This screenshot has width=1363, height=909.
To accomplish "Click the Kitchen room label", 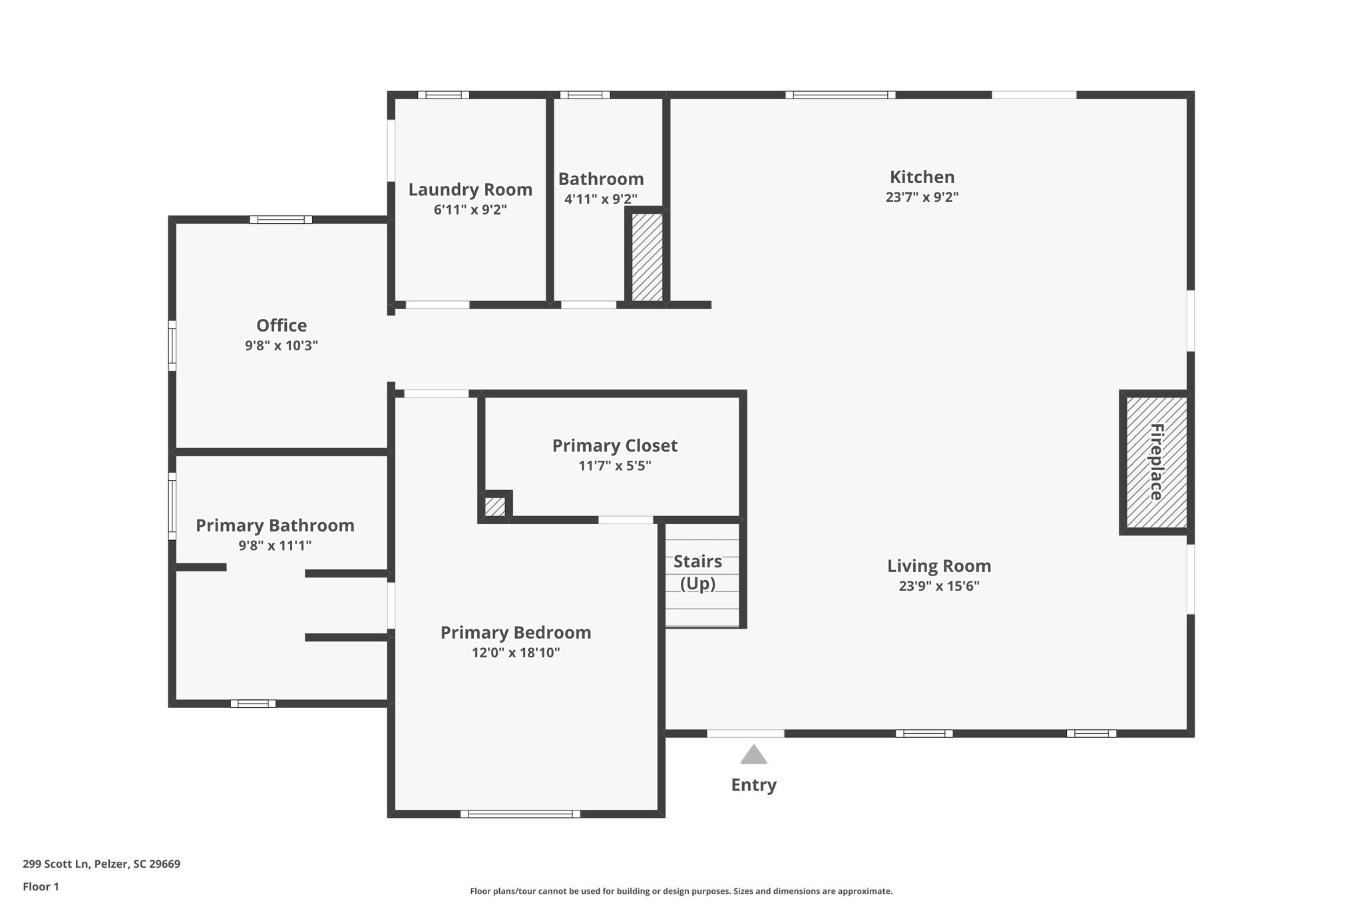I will click(922, 177).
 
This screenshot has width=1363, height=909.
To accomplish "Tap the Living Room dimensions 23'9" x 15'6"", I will click(939, 586).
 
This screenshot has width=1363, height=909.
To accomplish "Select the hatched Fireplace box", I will click(1156, 461).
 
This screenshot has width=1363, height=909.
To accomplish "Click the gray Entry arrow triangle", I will click(753, 755).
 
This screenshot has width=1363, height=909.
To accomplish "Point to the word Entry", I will click(753, 784).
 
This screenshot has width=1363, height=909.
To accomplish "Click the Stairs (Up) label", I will click(697, 572).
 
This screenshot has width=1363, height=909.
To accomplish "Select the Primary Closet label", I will click(614, 446).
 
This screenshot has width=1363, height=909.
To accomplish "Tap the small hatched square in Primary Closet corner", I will click(494, 507).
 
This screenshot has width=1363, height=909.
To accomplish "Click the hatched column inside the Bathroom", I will click(646, 256).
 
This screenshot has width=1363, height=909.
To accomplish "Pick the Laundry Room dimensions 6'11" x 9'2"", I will click(470, 210).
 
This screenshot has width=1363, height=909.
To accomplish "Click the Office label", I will click(282, 326).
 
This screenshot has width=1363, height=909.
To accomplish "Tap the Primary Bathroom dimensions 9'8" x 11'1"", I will click(275, 545).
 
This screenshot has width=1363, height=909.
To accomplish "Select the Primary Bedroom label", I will click(516, 633).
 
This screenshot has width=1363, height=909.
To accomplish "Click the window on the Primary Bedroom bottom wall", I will click(520, 813).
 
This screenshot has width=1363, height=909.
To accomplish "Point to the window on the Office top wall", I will click(281, 219).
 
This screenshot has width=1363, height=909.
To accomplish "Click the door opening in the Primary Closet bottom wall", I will click(626, 519).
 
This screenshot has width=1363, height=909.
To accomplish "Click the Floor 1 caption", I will click(41, 886).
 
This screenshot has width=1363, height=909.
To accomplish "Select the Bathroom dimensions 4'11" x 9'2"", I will click(600, 198).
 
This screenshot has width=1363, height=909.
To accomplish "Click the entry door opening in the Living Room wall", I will click(745, 733).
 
